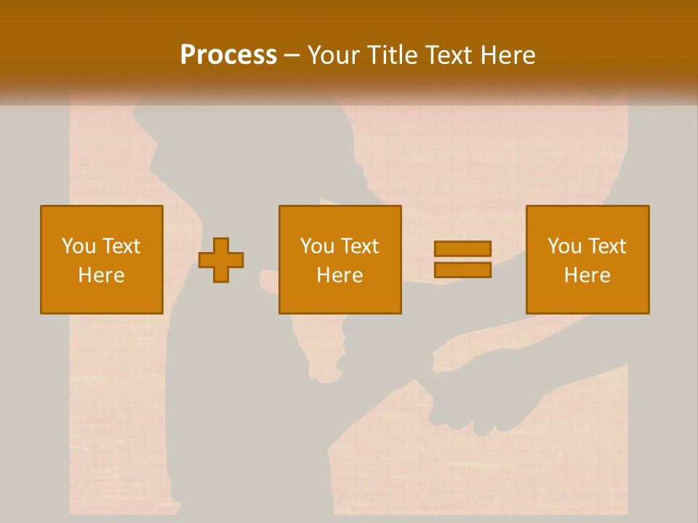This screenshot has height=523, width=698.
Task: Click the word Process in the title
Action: [x=228, y=54]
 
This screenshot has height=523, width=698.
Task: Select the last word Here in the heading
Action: [x=509, y=54]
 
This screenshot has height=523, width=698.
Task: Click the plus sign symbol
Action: [x=222, y=260]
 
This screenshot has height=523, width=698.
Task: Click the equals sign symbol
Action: [x=462, y=259]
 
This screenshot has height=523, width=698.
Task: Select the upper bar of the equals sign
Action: [x=462, y=249]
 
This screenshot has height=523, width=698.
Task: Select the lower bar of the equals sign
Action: [x=462, y=269]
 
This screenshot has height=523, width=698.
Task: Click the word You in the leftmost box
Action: [x=78, y=246]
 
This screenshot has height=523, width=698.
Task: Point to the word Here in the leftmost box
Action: [x=102, y=275]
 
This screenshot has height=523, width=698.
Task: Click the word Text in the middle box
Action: [x=359, y=246]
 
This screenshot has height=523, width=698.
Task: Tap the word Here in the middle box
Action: [x=340, y=275]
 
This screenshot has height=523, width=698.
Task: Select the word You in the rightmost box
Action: [x=564, y=246]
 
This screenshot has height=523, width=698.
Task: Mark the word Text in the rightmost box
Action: [x=607, y=246]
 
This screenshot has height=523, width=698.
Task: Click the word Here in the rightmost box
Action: [x=587, y=275]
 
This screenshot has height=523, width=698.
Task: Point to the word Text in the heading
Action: [x=449, y=54]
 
